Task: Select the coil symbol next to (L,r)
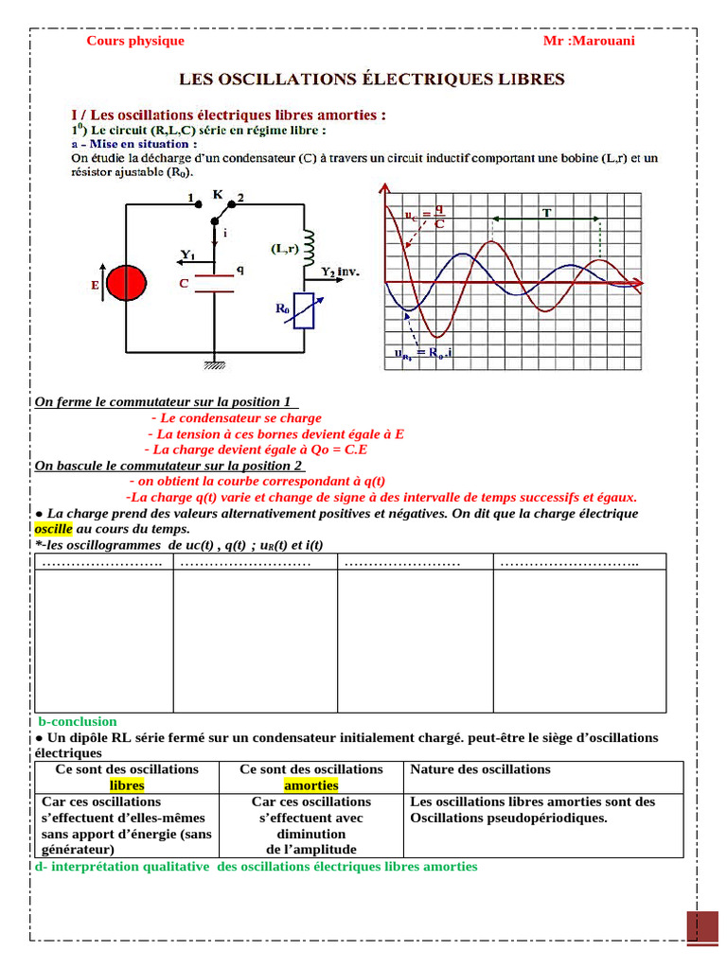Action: (x=307, y=245)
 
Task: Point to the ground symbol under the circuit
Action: (x=213, y=362)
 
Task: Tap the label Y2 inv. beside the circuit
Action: (x=340, y=272)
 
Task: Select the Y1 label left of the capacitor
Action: (x=187, y=255)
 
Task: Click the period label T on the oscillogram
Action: (x=546, y=213)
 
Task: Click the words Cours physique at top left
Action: (x=135, y=41)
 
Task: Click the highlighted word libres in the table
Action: (x=127, y=785)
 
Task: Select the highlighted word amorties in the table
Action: (x=310, y=785)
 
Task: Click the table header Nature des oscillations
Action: (x=480, y=769)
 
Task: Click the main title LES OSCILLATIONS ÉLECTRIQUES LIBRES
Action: (x=372, y=79)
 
